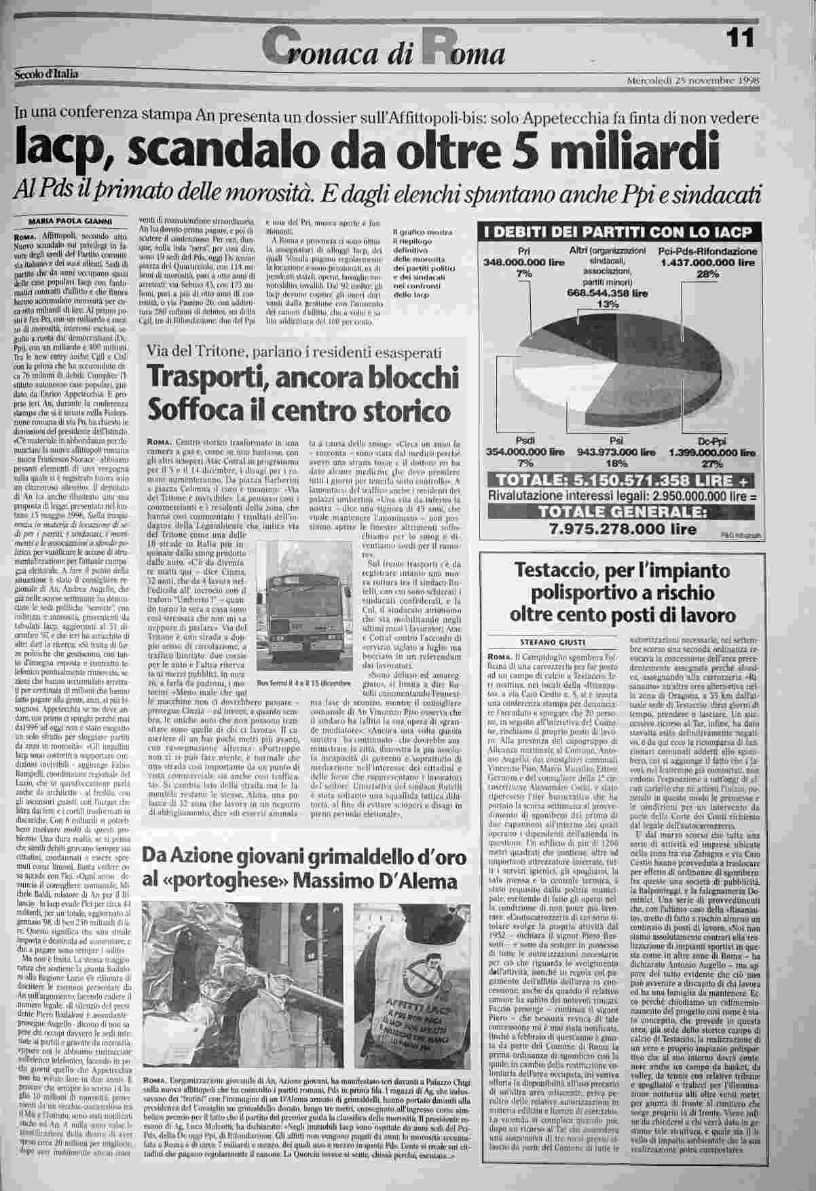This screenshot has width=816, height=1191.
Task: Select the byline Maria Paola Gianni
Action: click(x=70, y=221)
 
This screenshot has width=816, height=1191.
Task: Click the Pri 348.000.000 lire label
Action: click(x=523, y=262)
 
